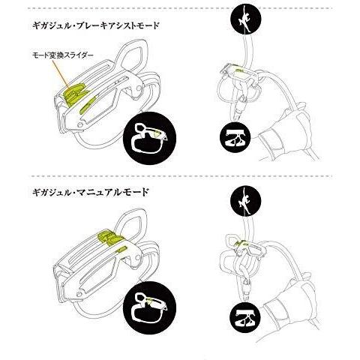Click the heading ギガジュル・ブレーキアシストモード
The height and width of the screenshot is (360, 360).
tap(95, 25)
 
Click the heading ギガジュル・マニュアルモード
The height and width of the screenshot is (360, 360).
tap(90, 192)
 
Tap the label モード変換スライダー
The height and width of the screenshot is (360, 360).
tap(63, 55)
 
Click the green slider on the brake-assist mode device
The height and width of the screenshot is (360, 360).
tap(75, 93)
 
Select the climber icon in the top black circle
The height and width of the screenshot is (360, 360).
tap(245, 19)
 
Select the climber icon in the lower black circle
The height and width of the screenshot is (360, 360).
tap(245, 200)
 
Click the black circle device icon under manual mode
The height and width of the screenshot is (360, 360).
tap(150, 307)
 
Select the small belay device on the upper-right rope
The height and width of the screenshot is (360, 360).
tap(239, 74)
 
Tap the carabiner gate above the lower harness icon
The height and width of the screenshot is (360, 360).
tap(247, 289)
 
